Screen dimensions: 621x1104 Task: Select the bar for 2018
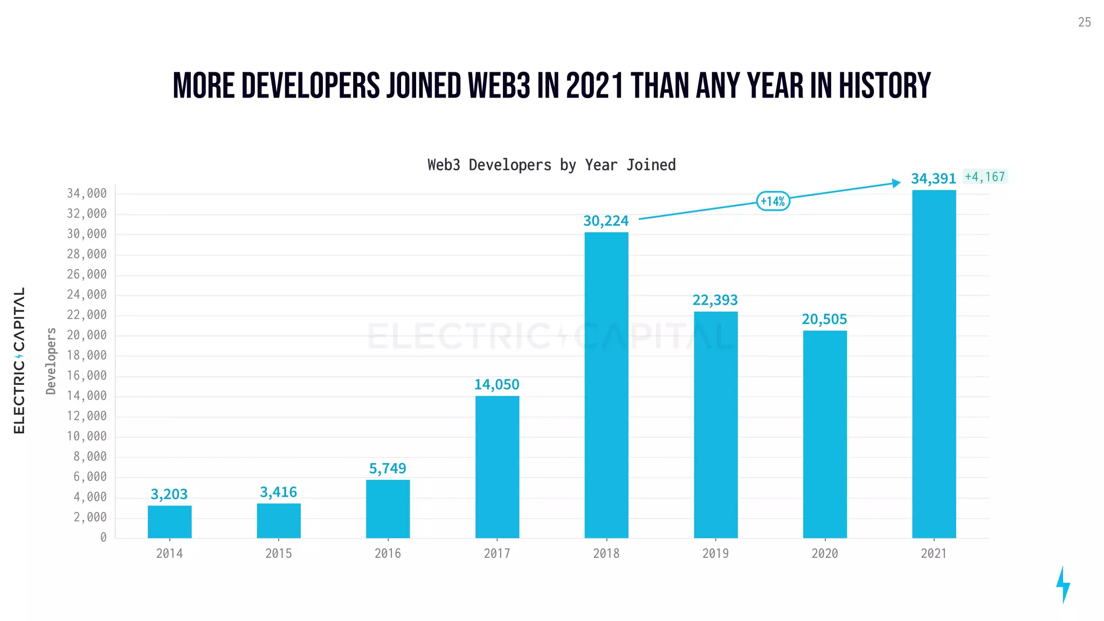tap(606, 385)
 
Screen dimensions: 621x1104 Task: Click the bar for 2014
tap(169, 521)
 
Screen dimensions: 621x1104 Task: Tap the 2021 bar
tap(934, 364)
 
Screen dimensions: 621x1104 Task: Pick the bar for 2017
tap(497, 467)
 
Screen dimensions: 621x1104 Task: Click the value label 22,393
tap(715, 300)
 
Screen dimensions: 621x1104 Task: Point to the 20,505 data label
tap(824, 320)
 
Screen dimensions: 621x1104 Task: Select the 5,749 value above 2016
tap(388, 468)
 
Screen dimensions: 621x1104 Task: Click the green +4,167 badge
tap(985, 177)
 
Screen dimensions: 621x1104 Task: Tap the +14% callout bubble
tap(773, 202)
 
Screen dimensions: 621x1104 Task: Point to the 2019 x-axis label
tap(715, 554)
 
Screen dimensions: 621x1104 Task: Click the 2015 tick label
tap(278, 554)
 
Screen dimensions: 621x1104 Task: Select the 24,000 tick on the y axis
tap(87, 295)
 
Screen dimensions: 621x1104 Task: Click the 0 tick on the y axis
tap(103, 537)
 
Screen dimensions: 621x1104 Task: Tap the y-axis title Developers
tap(51, 361)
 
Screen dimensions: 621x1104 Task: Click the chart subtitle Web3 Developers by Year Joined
tap(551, 165)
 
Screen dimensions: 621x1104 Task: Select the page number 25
tap(1084, 22)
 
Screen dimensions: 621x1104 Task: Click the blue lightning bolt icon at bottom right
tap(1062, 584)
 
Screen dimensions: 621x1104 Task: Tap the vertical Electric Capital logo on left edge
tap(19, 360)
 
